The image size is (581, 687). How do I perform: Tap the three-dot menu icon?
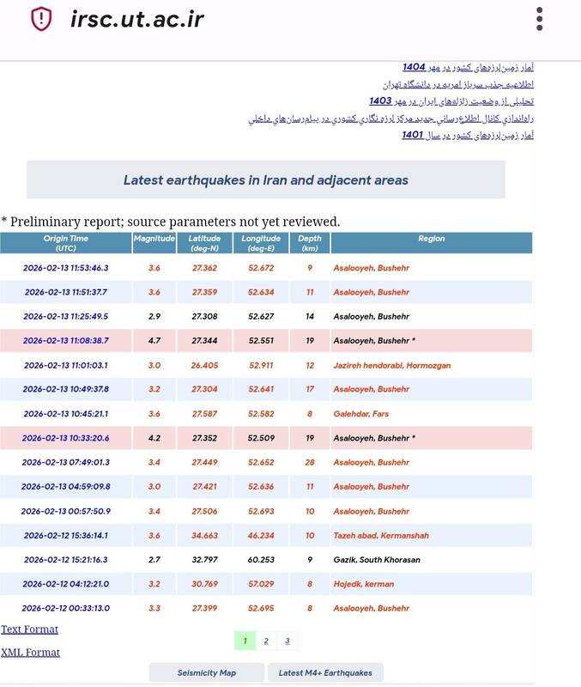[x=539, y=19]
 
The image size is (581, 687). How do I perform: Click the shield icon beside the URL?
[x=41, y=19]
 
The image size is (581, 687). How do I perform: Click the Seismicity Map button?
[x=207, y=672]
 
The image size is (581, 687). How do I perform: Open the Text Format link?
[x=30, y=629]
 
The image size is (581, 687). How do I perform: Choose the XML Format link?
[x=31, y=653]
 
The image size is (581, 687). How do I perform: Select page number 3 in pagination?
[x=287, y=641]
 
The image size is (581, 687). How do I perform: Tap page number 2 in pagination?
[x=266, y=641]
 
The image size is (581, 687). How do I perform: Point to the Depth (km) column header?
[x=310, y=243]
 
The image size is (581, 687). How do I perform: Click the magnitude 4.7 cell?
[x=154, y=341]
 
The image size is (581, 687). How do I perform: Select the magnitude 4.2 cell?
[x=154, y=438]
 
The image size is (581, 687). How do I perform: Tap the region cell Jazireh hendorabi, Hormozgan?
[x=391, y=365]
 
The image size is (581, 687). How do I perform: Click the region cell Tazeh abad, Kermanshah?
[x=381, y=535]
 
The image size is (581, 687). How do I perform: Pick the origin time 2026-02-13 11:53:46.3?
[x=66, y=268]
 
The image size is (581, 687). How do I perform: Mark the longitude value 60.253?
[x=261, y=560]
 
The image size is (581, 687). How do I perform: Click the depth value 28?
[x=310, y=462]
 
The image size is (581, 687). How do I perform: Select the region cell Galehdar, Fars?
[x=360, y=414]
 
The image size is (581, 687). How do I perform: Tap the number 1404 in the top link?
[x=415, y=67]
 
